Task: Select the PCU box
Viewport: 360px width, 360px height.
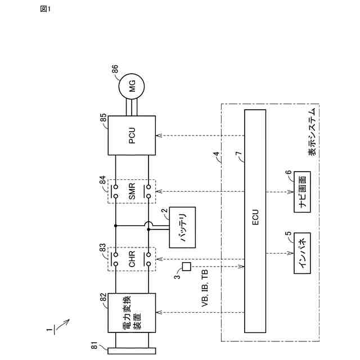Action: pos(132,136)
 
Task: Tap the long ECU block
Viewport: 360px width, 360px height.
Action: pos(255,220)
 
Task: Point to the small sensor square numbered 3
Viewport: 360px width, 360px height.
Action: pos(187,266)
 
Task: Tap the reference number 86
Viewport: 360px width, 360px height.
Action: pos(115,70)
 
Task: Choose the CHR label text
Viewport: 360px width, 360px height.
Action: pos(132,260)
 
